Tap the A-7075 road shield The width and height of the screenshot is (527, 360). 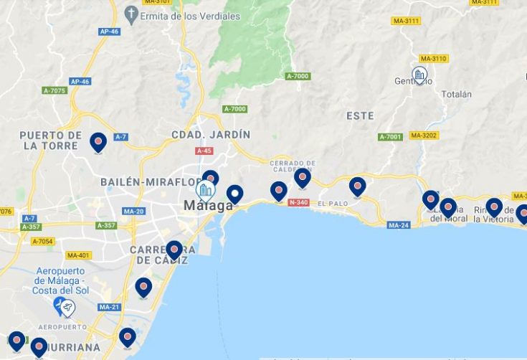[x=54, y=90]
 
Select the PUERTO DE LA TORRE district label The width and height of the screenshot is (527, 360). [x=50, y=140]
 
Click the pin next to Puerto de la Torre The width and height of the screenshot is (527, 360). [x=98, y=142]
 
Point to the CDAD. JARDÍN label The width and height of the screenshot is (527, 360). [x=211, y=134]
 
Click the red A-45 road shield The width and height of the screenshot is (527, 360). [x=204, y=151]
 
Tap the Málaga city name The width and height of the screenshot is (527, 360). [x=208, y=206]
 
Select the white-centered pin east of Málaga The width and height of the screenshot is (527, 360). [x=234, y=194]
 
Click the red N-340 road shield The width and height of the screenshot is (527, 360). [x=298, y=203]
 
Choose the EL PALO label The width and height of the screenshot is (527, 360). [x=332, y=204]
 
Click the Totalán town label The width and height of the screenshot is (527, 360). [x=457, y=94]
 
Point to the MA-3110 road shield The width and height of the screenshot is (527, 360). [x=434, y=59]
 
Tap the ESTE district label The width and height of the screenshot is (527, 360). [x=360, y=115]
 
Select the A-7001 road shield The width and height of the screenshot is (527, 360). [x=391, y=137]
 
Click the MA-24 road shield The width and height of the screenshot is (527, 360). [x=399, y=225]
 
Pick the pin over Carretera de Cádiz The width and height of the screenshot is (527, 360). [x=174, y=250]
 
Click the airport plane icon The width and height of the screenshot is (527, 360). [x=67, y=307]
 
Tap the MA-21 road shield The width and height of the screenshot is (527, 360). [x=110, y=307]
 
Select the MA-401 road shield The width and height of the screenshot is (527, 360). [x=78, y=255]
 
